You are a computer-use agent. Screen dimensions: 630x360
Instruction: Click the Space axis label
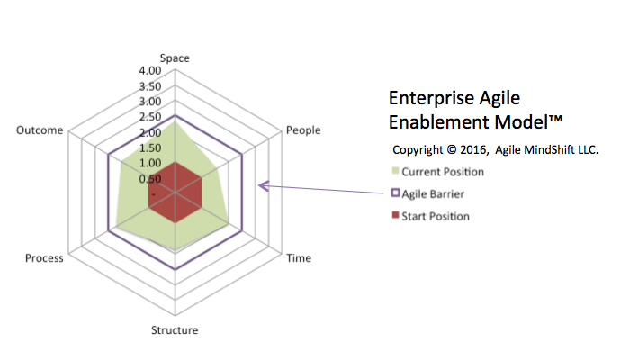(x=175, y=58)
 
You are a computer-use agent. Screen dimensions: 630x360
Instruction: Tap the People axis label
(x=303, y=130)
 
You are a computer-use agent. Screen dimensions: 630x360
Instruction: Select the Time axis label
(x=299, y=258)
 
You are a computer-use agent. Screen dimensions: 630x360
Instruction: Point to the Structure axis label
(x=175, y=330)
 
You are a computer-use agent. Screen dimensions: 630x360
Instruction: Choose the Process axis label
(x=44, y=258)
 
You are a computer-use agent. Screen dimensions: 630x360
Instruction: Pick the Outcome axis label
(x=40, y=130)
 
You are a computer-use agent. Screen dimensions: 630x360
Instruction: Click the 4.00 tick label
(x=150, y=71)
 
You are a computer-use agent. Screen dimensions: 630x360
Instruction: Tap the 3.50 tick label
(x=150, y=86)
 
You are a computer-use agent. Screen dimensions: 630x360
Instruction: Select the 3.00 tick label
(x=150, y=101)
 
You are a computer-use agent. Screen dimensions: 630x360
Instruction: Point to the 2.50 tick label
(x=150, y=117)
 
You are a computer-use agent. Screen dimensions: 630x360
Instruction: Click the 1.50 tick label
(x=150, y=148)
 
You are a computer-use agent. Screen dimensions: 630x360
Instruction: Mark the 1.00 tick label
(x=150, y=163)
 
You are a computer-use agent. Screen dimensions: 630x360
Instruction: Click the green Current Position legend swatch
(x=396, y=171)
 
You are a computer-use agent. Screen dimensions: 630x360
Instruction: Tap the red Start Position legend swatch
(x=396, y=215)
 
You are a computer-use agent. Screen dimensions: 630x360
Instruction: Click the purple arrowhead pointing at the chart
(x=263, y=186)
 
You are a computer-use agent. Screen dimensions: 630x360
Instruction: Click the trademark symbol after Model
(x=555, y=120)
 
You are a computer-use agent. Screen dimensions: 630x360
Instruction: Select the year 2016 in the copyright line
(x=473, y=150)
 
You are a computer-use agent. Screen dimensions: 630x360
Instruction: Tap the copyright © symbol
(x=452, y=150)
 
